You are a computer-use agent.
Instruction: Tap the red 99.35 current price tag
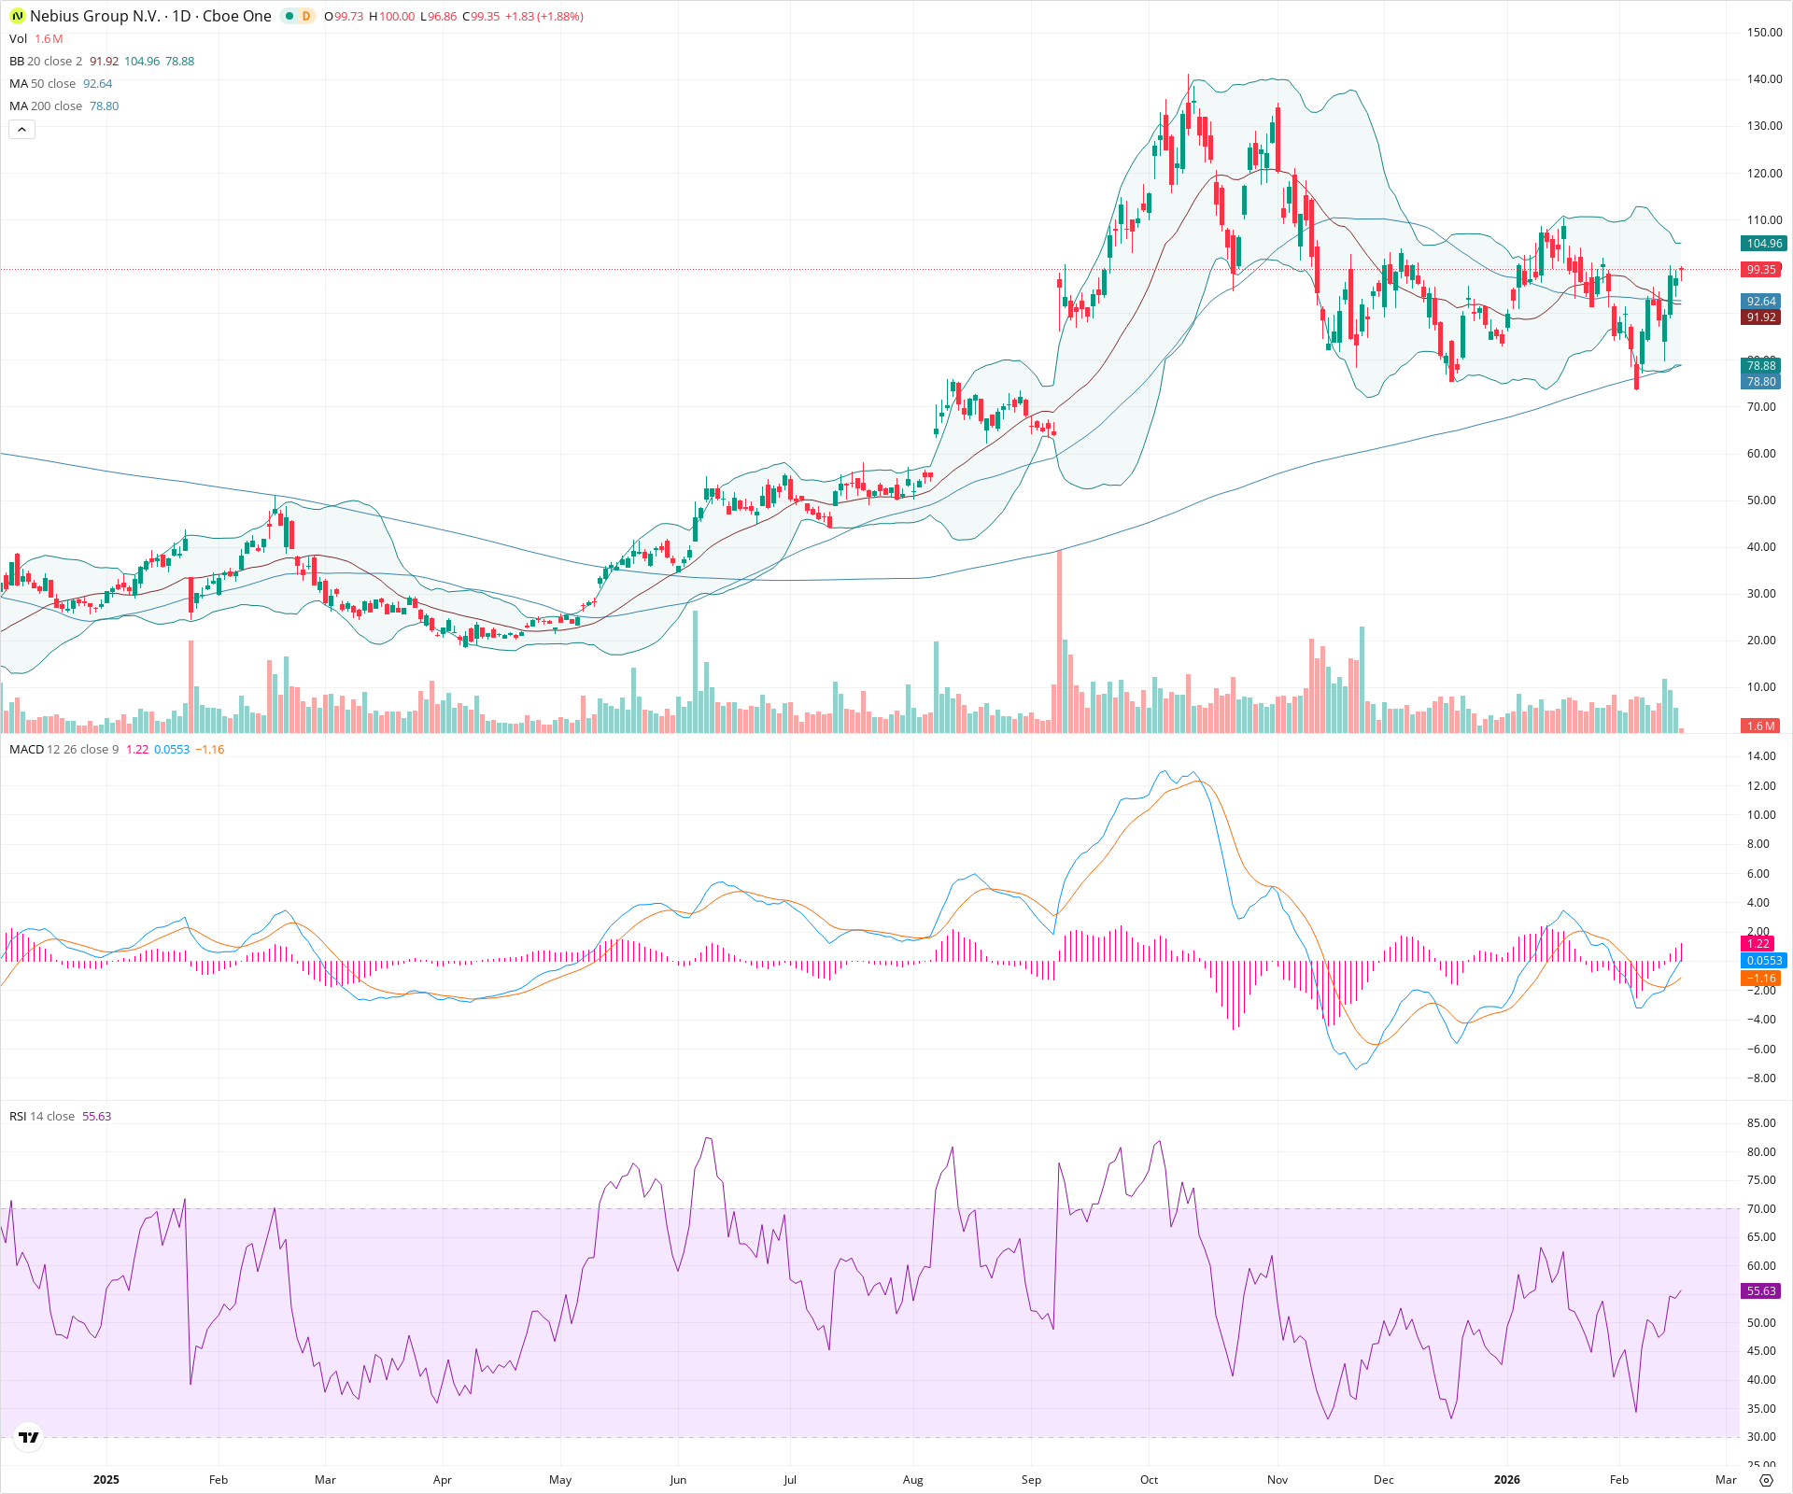tap(1761, 270)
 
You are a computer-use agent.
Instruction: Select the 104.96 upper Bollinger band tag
tap(1764, 244)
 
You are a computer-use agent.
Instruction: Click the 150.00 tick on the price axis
tap(1764, 33)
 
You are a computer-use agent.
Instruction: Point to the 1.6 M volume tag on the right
tap(1760, 726)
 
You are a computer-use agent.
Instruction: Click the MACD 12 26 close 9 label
tap(64, 750)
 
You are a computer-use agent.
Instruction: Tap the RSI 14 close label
tap(42, 1117)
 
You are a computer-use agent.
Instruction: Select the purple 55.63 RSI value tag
tap(1761, 1291)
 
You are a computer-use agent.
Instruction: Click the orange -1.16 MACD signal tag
tap(1761, 979)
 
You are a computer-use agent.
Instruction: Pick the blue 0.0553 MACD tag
tap(1764, 961)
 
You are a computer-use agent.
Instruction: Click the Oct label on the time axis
tap(1149, 1480)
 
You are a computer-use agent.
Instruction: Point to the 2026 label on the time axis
tap(1506, 1480)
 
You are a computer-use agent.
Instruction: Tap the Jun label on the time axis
tap(678, 1480)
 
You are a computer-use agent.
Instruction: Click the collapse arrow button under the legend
tap(21, 130)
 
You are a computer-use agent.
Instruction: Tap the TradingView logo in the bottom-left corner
tap(29, 1438)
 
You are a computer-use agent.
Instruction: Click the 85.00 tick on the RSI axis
tap(1761, 1123)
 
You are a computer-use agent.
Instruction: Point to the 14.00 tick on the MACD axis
tap(1761, 756)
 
